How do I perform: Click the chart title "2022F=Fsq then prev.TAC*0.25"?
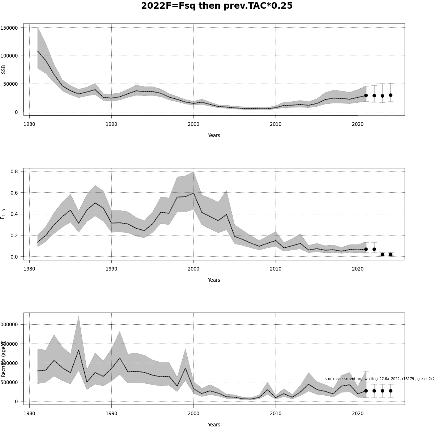pos(217,6)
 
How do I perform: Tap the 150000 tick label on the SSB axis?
pos(10,28)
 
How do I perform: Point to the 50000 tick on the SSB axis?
pos(11,84)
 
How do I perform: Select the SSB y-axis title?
pos(4,69)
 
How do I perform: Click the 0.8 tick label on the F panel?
pos(14,171)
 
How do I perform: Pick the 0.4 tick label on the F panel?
pos(14,214)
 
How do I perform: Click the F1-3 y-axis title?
pos(3,214)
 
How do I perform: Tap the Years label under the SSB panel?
pos(214,135)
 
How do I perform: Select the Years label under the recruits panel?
pos(214,425)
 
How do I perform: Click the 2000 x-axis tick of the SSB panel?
pos(193,124)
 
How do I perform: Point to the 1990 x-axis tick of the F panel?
pos(111,269)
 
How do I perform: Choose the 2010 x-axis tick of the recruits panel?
pos(276,413)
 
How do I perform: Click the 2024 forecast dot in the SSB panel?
pos(391,95)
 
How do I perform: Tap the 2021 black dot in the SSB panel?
pos(366,95)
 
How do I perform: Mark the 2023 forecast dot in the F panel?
pos(382,254)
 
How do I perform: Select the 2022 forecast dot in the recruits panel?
pos(374,391)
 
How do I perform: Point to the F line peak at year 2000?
pos(193,193)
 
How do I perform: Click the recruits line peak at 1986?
pos(78,350)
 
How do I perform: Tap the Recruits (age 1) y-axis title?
pos(3,358)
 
